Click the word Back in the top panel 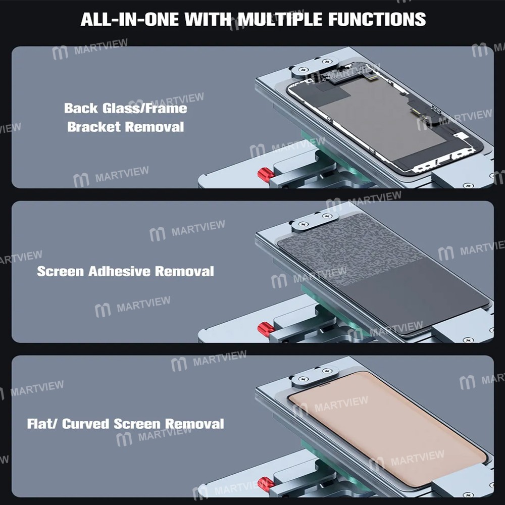[80, 108]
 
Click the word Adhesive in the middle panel [119, 271]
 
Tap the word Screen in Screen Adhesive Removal [60, 271]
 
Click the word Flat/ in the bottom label [42, 424]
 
